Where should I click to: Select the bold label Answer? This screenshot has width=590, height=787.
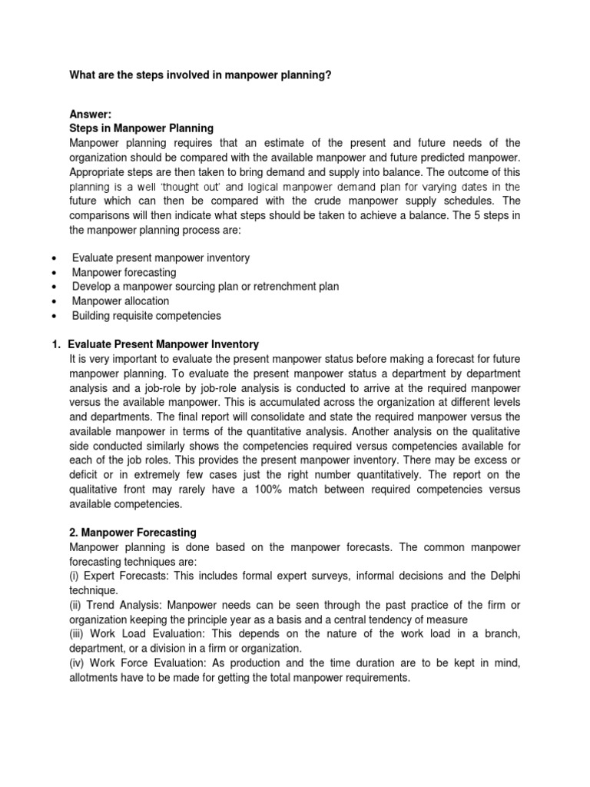91,115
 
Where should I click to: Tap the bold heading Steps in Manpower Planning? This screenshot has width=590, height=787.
141,128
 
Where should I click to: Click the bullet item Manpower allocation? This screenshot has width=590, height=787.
121,301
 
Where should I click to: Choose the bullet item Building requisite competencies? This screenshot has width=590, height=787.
146,316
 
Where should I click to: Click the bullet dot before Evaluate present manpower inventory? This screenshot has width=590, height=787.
51,258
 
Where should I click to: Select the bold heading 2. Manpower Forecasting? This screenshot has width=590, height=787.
133,532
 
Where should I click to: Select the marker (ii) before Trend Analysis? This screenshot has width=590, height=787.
78,605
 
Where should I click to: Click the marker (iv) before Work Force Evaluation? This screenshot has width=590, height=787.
80,662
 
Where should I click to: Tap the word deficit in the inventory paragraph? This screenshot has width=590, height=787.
87,475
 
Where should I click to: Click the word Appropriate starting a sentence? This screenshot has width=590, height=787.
98,172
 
